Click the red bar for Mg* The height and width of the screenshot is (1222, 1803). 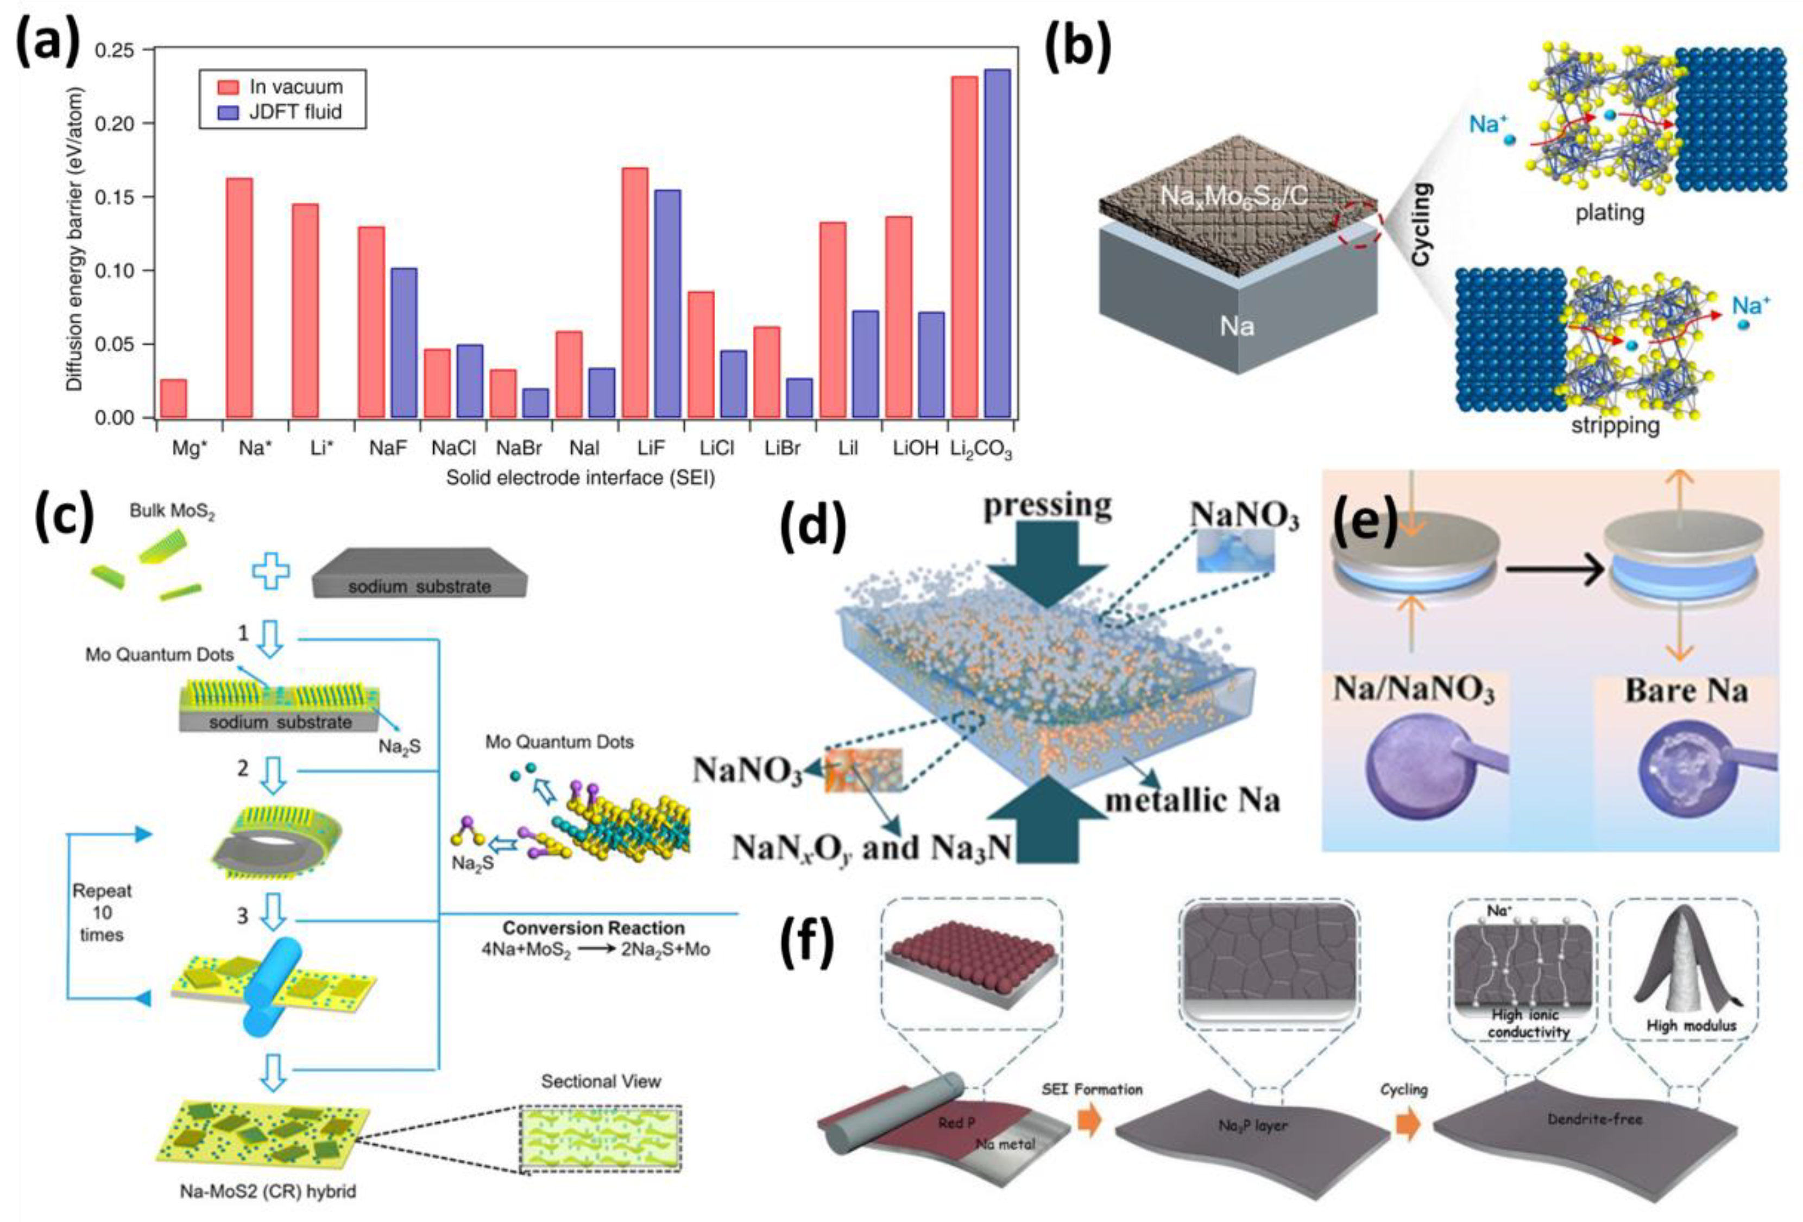tap(173, 398)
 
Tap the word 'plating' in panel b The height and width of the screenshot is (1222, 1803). tap(1609, 212)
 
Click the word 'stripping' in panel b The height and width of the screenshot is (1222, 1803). tap(1615, 425)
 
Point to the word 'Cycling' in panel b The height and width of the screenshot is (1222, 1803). tap(1421, 225)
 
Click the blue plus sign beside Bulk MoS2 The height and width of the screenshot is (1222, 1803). tap(271, 572)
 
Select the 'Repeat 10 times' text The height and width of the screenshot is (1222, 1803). tap(102, 913)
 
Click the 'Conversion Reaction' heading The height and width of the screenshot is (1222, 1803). tap(594, 928)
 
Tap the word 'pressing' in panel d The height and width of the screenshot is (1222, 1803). tap(1048, 505)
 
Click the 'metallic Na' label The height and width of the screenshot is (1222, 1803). tap(1192, 800)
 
